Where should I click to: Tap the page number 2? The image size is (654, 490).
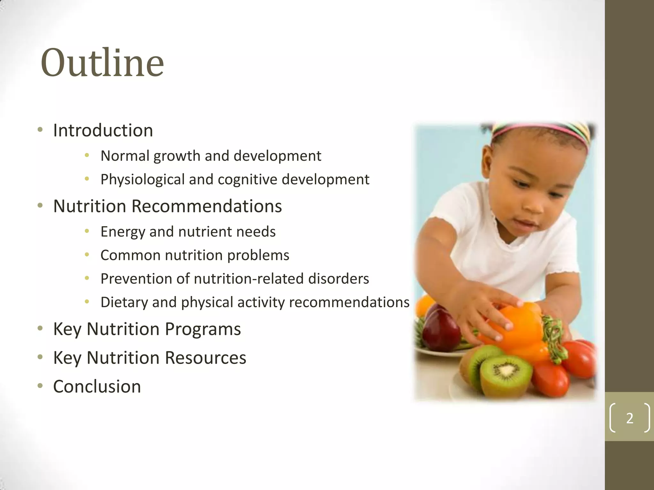(629, 418)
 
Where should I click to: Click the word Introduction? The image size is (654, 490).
(103, 130)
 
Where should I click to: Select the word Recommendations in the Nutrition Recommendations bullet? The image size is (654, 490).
(207, 206)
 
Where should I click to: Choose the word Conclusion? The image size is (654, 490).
(97, 387)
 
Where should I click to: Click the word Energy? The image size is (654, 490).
(123, 232)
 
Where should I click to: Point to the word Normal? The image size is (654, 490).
(125, 156)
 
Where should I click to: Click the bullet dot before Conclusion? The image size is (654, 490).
(40, 386)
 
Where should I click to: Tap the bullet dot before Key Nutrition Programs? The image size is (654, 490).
(40, 329)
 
